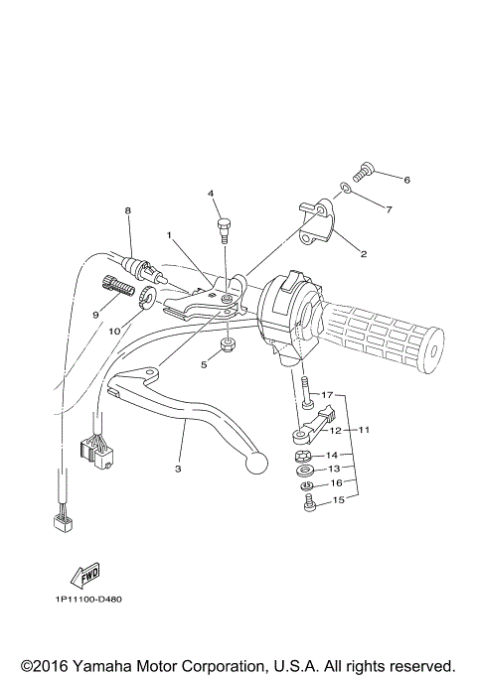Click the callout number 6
click(405, 180)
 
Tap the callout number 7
click(389, 209)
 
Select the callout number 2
click(364, 254)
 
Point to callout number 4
click(211, 193)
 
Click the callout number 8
click(127, 211)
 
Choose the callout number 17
click(328, 395)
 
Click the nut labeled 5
click(227, 345)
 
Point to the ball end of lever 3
click(258, 464)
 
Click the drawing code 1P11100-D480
click(89, 599)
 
